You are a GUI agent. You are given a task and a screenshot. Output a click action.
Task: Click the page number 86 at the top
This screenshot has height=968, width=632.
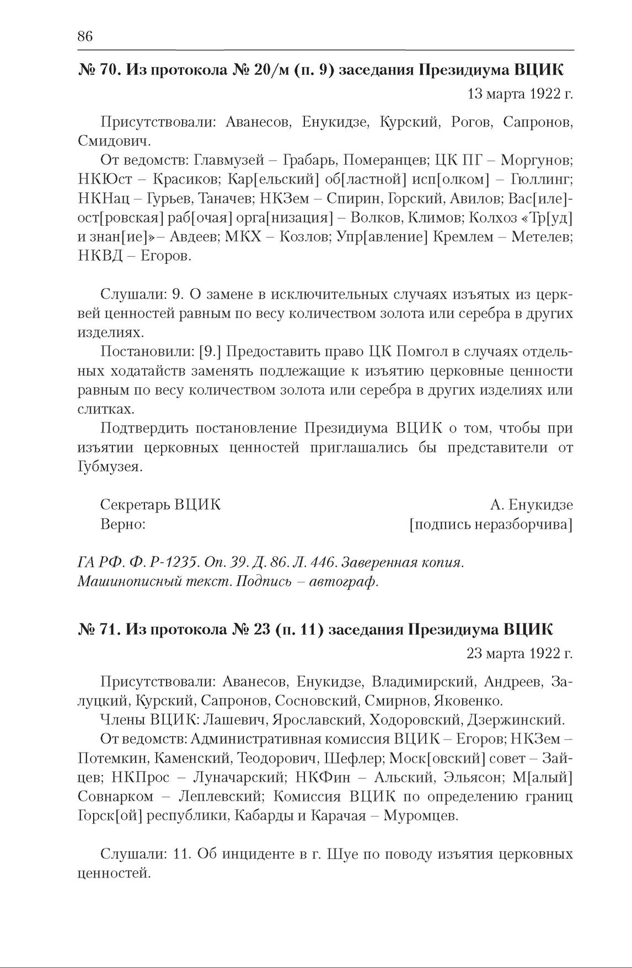click(x=85, y=36)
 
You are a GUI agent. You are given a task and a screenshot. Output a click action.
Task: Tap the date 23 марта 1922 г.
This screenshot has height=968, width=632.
click(x=519, y=653)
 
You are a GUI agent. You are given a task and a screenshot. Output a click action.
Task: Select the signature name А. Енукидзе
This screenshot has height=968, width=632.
click(x=531, y=505)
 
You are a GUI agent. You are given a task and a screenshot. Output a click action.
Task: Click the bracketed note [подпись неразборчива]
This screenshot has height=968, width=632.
click(x=490, y=524)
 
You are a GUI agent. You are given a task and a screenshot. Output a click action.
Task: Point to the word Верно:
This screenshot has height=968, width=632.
click(x=123, y=524)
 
